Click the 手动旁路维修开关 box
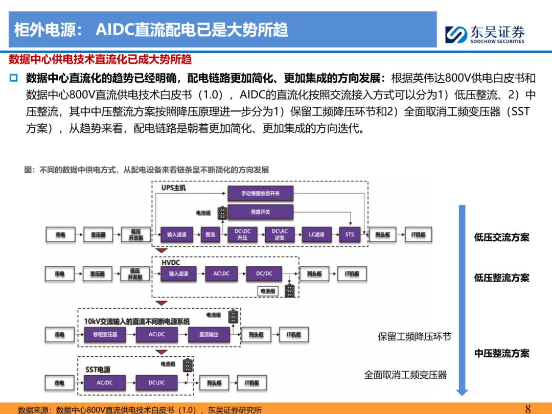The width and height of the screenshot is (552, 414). pyautogui.click(x=260, y=194)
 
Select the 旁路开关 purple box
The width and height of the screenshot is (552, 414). pyautogui.click(x=260, y=212)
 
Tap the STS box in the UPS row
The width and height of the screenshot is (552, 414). pyautogui.click(x=350, y=235)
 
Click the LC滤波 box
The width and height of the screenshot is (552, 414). pyautogui.click(x=316, y=235)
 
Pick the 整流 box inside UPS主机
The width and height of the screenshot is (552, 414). pyautogui.click(x=210, y=235)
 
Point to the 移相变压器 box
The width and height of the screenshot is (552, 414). pyautogui.click(x=105, y=335)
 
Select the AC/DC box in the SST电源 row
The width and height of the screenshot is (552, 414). pyautogui.click(x=105, y=383)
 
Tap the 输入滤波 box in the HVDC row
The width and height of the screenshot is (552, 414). pyautogui.click(x=178, y=274)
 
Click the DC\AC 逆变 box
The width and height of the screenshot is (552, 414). pyautogui.click(x=279, y=235)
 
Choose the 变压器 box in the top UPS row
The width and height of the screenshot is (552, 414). pyautogui.click(x=98, y=235)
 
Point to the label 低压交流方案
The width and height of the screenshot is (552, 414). pyautogui.click(x=501, y=238)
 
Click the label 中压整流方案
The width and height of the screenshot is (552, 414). pyautogui.click(x=501, y=353)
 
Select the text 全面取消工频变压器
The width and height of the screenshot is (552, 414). pyautogui.click(x=405, y=375)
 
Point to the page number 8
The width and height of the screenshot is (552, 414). pyautogui.click(x=528, y=408)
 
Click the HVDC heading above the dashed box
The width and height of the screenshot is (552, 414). pyautogui.click(x=171, y=262)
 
